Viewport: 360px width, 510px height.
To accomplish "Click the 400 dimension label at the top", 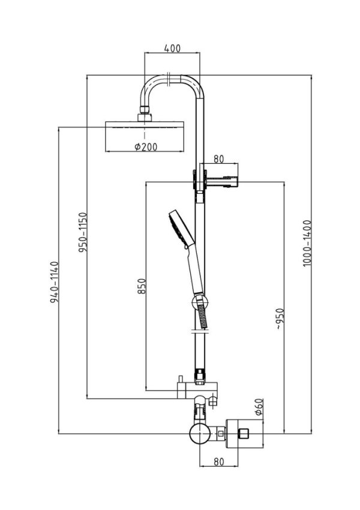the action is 172,49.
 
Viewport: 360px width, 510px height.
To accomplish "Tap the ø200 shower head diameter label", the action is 146,147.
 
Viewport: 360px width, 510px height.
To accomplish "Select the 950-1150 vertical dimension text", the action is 83,233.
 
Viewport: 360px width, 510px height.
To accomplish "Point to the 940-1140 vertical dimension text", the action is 55,282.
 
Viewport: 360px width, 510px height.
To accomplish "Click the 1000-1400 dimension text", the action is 307,244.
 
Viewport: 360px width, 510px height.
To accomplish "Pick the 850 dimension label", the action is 142,286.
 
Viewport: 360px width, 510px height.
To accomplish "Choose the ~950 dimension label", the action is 280,319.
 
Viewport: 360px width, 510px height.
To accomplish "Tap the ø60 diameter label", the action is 259,407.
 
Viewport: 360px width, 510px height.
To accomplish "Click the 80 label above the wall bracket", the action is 219,159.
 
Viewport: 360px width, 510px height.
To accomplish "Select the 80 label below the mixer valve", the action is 219,461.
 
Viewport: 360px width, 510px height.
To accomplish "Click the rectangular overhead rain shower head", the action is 145,137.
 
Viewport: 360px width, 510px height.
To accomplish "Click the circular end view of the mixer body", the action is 199,434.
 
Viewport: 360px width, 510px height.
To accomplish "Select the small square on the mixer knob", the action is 243,434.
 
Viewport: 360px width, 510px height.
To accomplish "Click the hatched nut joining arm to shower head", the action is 145,109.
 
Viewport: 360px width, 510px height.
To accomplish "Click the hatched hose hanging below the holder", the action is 202,316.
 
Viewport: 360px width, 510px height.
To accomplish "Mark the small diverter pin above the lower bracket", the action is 180,380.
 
